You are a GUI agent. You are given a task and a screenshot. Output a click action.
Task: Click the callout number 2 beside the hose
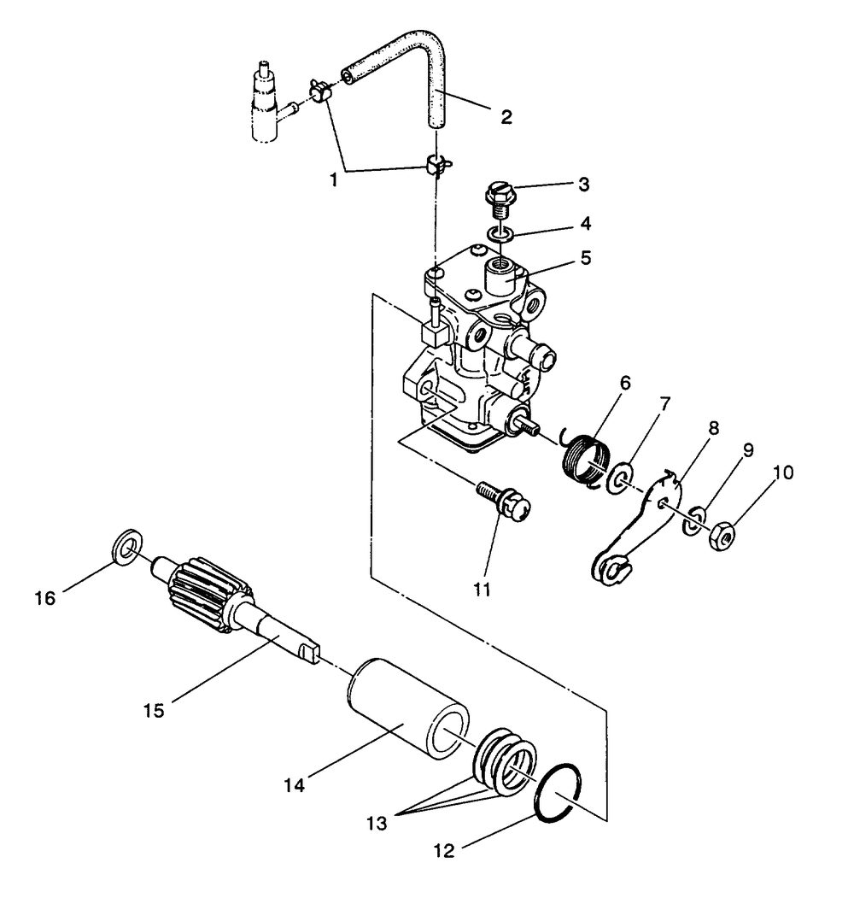pos(506,117)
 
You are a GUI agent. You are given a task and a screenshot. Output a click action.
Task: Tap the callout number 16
pos(45,598)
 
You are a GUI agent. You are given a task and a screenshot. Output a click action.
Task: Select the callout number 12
pos(444,851)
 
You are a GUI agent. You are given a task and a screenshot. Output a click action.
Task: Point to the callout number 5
pos(586,258)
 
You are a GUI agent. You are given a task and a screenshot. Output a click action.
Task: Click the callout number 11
pos(482,589)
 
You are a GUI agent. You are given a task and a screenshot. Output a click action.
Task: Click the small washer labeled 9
pos(693,521)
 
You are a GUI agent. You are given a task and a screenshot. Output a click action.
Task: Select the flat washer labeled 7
pos(620,478)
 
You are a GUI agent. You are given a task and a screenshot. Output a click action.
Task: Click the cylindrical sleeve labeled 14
pos(407,708)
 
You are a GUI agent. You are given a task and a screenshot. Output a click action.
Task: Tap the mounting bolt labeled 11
pos(504,500)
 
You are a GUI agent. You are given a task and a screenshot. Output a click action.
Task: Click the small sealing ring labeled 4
pos(500,233)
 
